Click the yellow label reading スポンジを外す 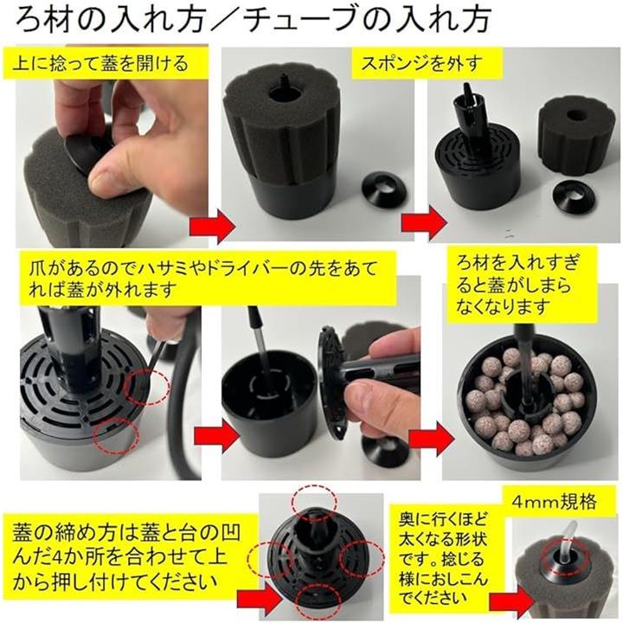[427, 63]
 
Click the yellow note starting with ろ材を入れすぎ [523, 285]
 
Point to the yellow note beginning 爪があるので [208, 279]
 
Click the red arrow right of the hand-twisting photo [213, 228]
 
